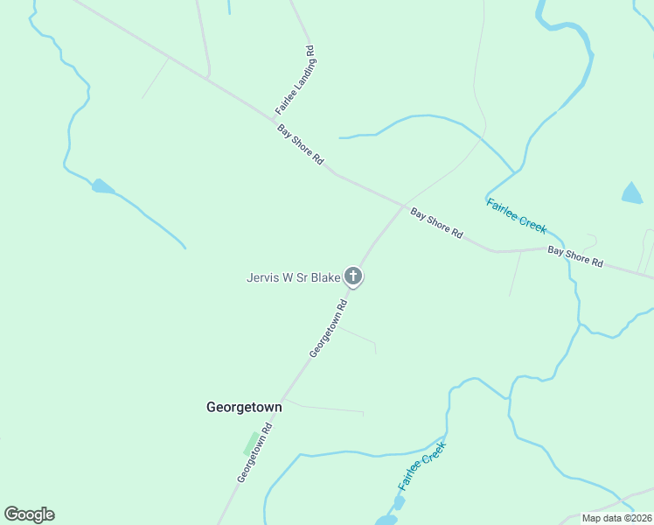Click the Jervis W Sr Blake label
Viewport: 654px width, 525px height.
(x=293, y=278)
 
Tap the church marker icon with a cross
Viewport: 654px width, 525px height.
(x=353, y=277)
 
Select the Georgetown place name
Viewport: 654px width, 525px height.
(x=244, y=408)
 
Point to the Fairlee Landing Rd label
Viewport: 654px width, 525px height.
(x=295, y=80)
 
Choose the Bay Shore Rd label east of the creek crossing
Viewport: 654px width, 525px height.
(x=575, y=256)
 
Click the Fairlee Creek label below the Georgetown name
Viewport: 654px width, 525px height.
(x=421, y=465)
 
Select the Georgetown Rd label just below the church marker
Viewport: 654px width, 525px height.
(x=329, y=328)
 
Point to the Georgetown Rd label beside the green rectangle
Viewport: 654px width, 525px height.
(x=255, y=453)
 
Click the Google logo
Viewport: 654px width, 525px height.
(x=29, y=514)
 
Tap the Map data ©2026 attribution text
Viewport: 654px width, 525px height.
(x=616, y=517)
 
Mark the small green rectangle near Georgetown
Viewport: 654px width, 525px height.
(x=251, y=443)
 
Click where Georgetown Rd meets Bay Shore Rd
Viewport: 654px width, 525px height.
(x=403, y=206)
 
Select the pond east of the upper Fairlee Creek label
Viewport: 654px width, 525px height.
(x=631, y=193)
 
